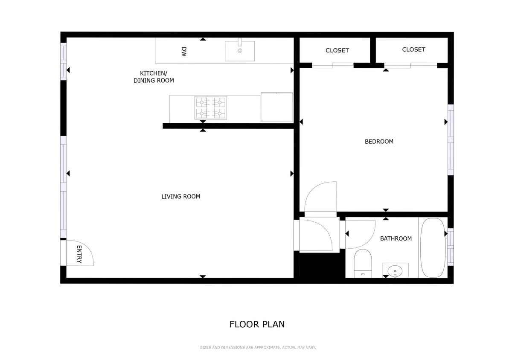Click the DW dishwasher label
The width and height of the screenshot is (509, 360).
pyautogui.click(x=184, y=52)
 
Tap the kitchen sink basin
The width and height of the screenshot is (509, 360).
pyautogui.click(x=240, y=51)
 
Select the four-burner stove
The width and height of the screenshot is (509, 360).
pyautogui.click(x=210, y=108)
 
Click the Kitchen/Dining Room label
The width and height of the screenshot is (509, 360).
pyautogui.click(x=154, y=77)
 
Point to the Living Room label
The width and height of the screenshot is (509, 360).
pyautogui.click(x=180, y=197)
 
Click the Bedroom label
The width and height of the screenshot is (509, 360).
pyautogui.click(x=379, y=142)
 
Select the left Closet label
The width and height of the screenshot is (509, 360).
pyautogui.click(x=337, y=50)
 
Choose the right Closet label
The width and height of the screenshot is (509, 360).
pyautogui.click(x=413, y=49)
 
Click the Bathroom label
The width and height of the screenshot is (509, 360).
pyautogui.click(x=396, y=238)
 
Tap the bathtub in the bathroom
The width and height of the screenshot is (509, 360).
pyautogui.click(x=433, y=248)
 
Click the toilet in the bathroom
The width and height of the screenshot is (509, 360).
pyautogui.click(x=363, y=263)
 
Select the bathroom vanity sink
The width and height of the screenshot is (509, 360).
pyautogui.click(x=395, y=270)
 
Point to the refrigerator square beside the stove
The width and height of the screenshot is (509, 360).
pyautogui.click(x=276, y=107)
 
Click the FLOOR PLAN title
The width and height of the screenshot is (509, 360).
pyautogui.click(x=257, y=324)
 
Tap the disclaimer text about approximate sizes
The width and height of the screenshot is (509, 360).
pyautogui.click(x=258, y=348)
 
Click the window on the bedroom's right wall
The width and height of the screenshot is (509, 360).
pyautogui.click(x=451, y=140)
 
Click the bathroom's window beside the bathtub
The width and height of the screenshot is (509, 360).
pyautogui.click(x=451, y=247)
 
